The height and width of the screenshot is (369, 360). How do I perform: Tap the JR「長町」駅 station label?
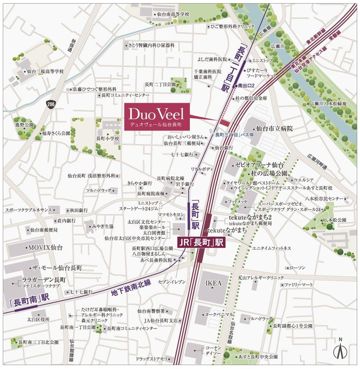(202, 242)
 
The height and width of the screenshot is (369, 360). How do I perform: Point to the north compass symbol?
(340, 351)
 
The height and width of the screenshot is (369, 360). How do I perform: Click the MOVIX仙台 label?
(45, 248)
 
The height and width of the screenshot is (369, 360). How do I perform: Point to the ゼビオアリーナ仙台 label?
(259, 165)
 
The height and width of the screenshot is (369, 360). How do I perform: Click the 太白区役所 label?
(38, 320)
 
